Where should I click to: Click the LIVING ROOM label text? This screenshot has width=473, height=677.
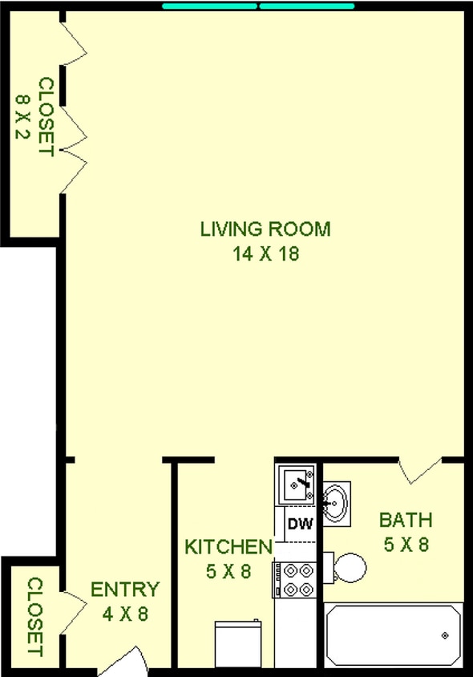[x=265, y=229]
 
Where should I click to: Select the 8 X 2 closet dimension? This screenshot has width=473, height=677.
[x=22, y=116]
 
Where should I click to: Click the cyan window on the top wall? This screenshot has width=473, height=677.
[x=258, y=6]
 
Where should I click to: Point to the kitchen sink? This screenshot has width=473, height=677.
[x=297, y=484]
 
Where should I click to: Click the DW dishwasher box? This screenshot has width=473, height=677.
[x=299, y=525]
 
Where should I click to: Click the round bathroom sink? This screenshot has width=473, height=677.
[x=336, y=501]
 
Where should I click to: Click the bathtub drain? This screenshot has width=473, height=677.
[x=445, y=636]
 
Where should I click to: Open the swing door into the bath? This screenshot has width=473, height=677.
[x=420, y=471]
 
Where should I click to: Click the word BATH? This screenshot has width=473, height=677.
[x=406, y=519]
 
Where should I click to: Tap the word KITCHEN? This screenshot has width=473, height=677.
[x=228, y=548]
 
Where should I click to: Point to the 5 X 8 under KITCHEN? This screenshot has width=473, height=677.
[x=228, y=573]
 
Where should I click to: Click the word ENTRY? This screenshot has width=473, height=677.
[x=124, y=590]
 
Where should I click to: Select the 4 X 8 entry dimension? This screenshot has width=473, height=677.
[x=124, y=615]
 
